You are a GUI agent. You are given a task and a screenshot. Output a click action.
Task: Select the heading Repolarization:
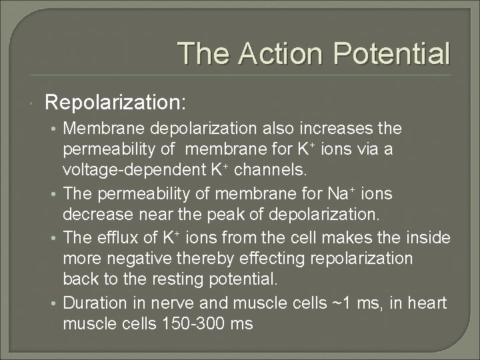[115, 102]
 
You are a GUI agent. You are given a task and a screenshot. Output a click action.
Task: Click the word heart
[427, 303]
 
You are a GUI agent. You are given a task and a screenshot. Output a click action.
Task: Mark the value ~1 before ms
[339, 303]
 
